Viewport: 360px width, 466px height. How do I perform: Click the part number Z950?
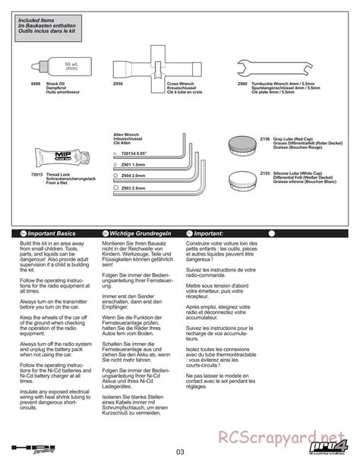pos(116,84)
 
